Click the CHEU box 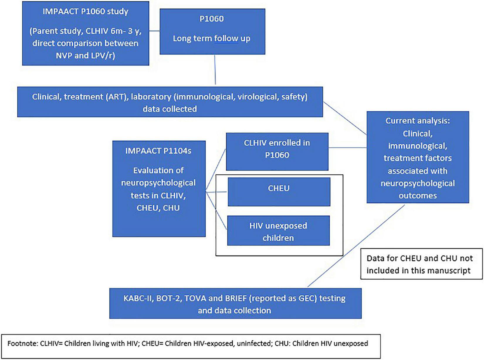coord(279,192)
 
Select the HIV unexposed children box coord(278,231)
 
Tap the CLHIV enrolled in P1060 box coord(277,151)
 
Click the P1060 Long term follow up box coord(212,31)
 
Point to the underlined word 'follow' coord(226,38)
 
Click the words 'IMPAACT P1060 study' coord(85,12)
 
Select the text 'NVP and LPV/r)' coord(85,55)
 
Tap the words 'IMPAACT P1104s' coord(158,151)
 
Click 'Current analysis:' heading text coord(417,121)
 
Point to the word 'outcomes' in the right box coord(417,195)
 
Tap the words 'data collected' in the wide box coord(170,109)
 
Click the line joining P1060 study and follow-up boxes coord(154,31)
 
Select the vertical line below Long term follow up coord(215,70)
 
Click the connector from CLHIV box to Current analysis coord(347,148)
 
